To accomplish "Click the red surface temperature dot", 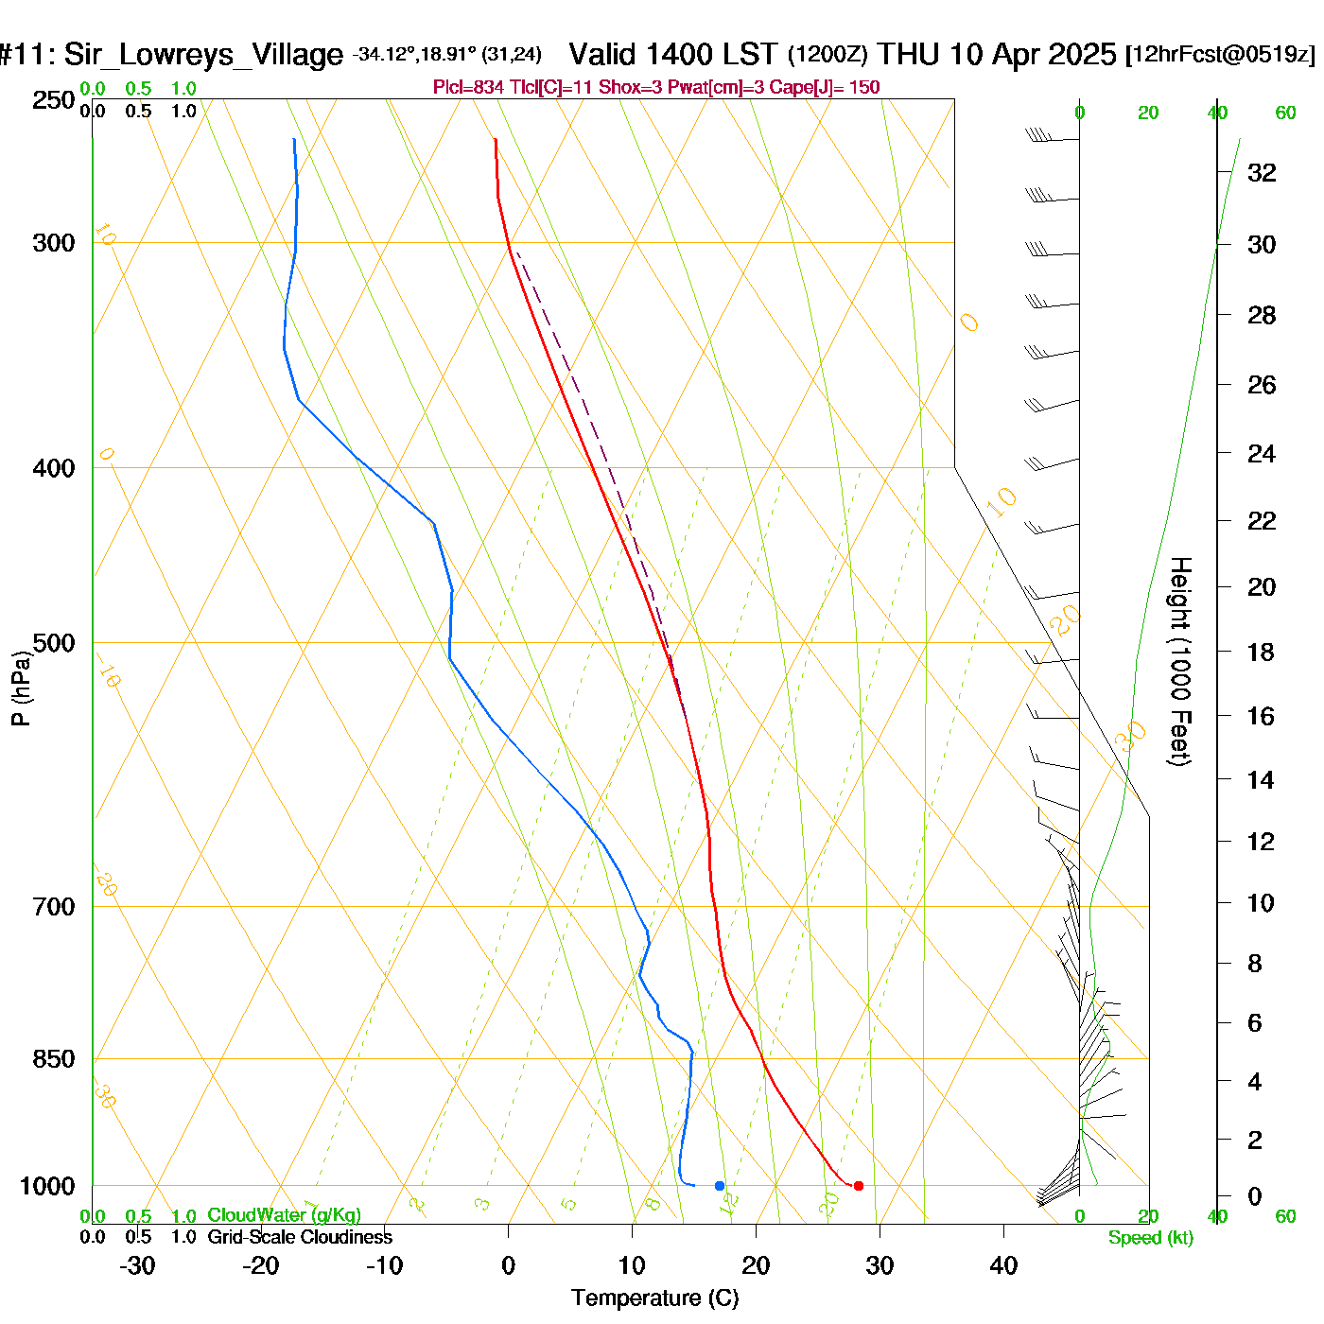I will (x=858, y=1185).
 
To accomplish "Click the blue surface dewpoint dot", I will (x=720, y=1185).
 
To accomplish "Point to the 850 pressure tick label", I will (x=53, y=1058).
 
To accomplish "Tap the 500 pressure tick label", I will (x=53, y=643).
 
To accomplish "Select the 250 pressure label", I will (x=53, y=100).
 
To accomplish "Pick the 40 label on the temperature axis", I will (x=1003, y=1265).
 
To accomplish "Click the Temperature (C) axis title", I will (x=654, y=1298).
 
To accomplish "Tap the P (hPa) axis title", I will (x=21, y=688).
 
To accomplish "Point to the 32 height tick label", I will (x=1262, y=172).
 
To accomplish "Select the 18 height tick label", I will (x=1261, y=652).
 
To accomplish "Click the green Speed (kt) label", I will (x=1150, y=1238).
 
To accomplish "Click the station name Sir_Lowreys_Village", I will (x=203, y=54).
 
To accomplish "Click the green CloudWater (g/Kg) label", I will (x=284, y=1215).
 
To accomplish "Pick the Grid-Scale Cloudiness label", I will (x=300, y=1237).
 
